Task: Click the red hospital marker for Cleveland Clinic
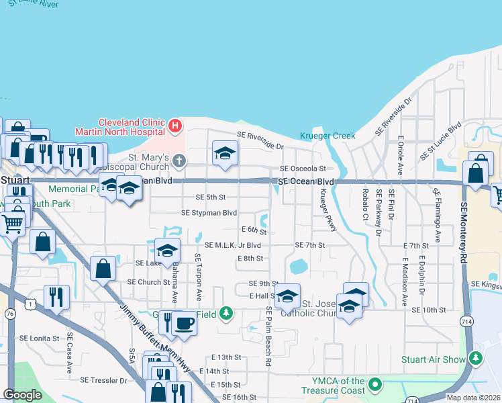[x=175, y=125]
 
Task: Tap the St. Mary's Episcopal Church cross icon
[x=179, y=161]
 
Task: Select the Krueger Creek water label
[x=328, y=136]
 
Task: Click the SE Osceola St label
[x=303, y=168]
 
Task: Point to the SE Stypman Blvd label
[x=209, y=213]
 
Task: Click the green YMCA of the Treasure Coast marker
[x=374, y=386]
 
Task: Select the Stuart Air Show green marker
[x=476, y=359]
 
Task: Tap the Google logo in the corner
[x=23, y=395]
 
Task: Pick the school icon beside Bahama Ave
[x=167, y=251]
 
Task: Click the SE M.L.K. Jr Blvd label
[x=232, y=245]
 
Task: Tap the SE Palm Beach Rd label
[x=268, y=337]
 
